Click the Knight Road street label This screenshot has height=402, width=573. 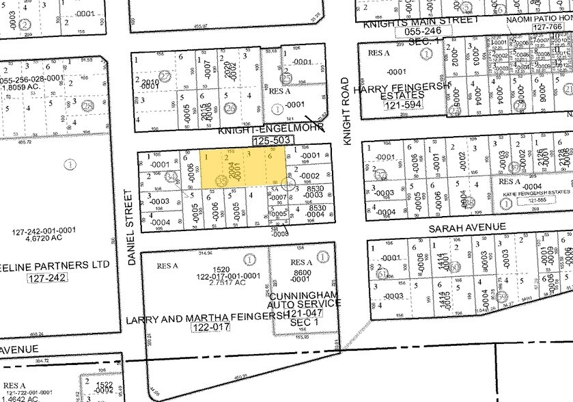pyautogui.click(x=346, y=110)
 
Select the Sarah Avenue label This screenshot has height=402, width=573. pyautogui.click(x=468, y=226)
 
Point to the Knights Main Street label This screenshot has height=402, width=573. pyautogui.click(x=421, y=21)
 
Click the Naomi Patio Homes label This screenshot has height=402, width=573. pyautogui.click(x=538, y=21)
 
